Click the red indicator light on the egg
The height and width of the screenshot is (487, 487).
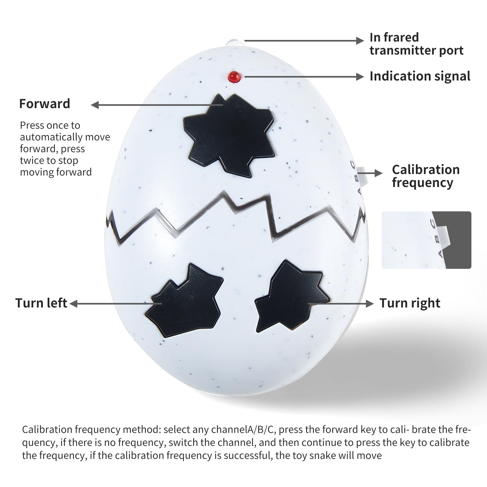click(234, 77)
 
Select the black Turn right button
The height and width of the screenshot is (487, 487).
click(290, 297)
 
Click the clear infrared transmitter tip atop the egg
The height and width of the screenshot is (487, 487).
click(234, 42)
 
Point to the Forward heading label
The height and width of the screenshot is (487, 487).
click(44, 104)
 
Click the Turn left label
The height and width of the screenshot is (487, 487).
click(41, 303)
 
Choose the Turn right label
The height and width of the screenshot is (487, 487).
click(410, 303)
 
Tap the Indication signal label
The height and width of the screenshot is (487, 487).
click(420, 76)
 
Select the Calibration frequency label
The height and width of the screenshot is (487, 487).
click(425, 176)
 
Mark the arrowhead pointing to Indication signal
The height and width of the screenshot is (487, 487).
click(360, 77)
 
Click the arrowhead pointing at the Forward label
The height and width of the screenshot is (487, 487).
click(95, 105)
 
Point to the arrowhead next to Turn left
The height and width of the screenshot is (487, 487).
click(73, 304)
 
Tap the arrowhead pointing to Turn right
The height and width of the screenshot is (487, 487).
click(370, 304)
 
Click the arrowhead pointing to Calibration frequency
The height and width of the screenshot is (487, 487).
click(379, 173)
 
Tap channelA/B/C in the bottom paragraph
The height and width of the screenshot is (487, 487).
click(243, 430)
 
